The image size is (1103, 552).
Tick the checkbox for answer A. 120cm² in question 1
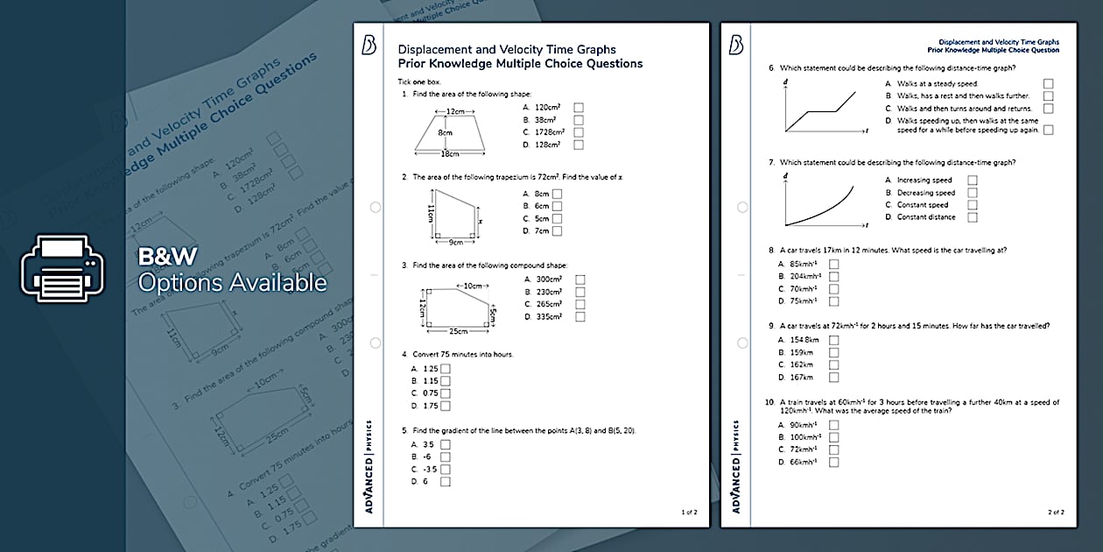click(x=579, y=108)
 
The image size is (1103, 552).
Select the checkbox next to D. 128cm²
click(x=579, y=145)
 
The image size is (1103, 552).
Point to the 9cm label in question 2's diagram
click(x=455, y=242)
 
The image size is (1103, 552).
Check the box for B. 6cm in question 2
click(x=557, y=207)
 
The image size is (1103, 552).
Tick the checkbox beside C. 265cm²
click(x=580, y=304)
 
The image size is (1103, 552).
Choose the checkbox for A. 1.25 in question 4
click(x=446, y=369)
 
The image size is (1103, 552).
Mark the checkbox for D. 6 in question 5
click(x=446, y=481)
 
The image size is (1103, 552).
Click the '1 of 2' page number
click(x=689, y=512)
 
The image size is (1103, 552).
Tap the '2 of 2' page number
click(x=1055, y=512)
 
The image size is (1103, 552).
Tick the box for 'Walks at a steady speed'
click(x=1049, y=84)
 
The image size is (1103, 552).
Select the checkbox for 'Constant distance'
click(x=973, y=217)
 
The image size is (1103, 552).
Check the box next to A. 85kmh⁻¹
click(x=833, y=264)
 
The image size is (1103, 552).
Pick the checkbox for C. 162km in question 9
click(x=833, y=364)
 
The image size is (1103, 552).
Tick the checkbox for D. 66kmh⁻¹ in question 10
click(x=833, y=462)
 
